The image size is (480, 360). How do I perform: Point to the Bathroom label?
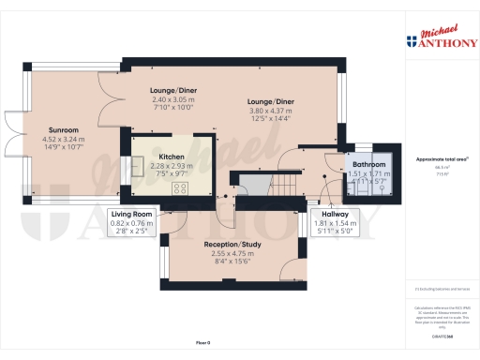(368, 164)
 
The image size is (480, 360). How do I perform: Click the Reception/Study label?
(229, 246)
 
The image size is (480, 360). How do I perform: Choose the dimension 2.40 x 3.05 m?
(172, 99)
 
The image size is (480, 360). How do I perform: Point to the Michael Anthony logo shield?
(410, 42)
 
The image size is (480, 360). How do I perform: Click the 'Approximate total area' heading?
(432, 159)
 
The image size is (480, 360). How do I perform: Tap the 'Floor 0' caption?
(202, 343)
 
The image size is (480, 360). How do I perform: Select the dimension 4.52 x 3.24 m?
(64, 140)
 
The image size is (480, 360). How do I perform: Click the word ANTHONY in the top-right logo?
(440, 43)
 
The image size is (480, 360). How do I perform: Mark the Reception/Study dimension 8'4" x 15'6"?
(229, 262)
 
